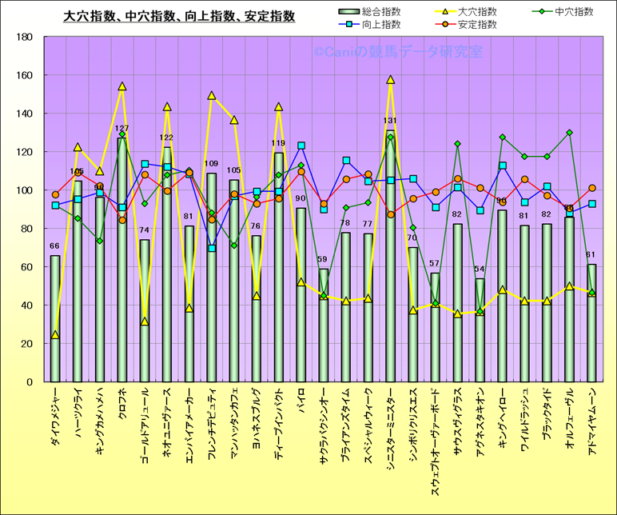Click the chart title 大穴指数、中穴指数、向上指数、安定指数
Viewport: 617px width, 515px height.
tap(179, 16)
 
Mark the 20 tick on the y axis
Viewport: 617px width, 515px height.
tap(26, 344)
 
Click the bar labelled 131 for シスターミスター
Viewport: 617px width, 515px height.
tap(391, 256)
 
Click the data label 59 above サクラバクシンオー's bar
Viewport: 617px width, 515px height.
tap(323, 260)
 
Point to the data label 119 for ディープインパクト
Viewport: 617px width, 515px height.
tap(278, 145)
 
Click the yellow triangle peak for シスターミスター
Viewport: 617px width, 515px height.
tap(391, 80)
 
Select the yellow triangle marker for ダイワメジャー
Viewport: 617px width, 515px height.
tap(55, 335)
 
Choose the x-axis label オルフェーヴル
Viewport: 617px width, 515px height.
tap(570, 422)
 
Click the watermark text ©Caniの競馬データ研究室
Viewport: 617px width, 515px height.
tap(398, 53)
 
